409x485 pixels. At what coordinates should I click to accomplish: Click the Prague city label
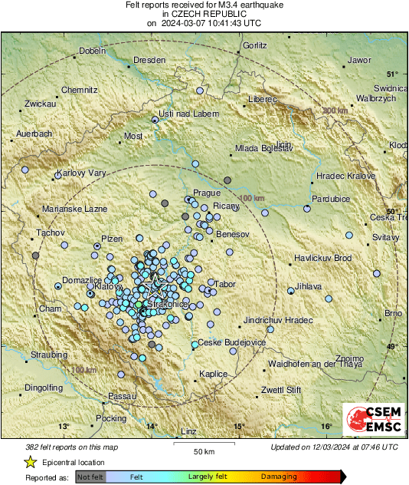(207, 193)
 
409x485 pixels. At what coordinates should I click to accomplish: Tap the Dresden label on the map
(149, 60)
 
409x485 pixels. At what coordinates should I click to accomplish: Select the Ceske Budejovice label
(231, 342)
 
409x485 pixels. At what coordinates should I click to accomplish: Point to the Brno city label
(393, 313)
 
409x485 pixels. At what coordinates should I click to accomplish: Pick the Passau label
(122, 395)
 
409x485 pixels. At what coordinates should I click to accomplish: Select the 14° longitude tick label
(152, 427)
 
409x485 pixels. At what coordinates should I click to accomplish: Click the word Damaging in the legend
(279, 477)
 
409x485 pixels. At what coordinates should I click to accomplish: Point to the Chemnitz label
(80, 90)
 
